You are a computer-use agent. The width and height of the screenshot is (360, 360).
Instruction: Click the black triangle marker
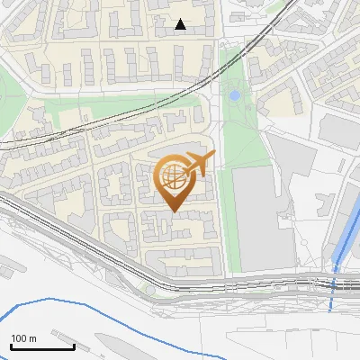click(x=181, y=24)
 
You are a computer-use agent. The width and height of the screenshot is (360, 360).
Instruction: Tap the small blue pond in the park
click(x=235, y=94)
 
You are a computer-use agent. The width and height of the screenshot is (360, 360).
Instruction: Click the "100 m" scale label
click(x=22, y=338)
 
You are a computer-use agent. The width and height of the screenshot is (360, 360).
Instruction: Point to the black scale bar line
click(x=42, y=346)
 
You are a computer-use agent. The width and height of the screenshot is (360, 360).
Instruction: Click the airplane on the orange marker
click(x=198, y=164)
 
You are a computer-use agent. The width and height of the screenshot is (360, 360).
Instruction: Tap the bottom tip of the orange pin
click(x=173, y=211)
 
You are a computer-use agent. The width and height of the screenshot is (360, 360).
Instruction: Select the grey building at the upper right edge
click(x=339, y=130)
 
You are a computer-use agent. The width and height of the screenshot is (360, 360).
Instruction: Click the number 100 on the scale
click(x=17, y=338)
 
